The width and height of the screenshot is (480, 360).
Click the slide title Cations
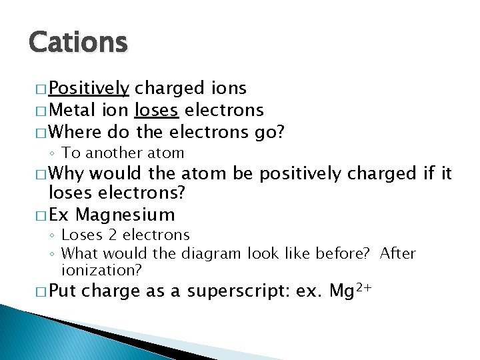(x=78, y=42)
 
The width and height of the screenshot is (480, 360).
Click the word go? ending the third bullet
(x=269, y=132)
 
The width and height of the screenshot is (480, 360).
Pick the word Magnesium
(x=125, y=215)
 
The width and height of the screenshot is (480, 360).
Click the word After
(x=397, y=254)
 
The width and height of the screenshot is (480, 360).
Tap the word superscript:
(x=243, y=292)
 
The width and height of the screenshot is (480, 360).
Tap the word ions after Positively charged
(x=228, y=89)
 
